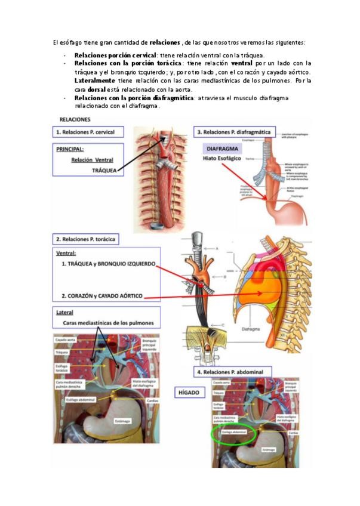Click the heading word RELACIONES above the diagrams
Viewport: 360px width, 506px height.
(75, 119)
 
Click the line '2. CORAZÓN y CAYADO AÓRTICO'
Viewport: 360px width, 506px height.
(102, 295)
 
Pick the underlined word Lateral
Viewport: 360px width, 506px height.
(64, 313)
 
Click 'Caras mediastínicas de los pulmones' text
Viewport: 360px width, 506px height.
(108, 323)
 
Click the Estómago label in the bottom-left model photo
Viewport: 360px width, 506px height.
(122, 421)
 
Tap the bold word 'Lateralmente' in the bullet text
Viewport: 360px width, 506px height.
(93, 80)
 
